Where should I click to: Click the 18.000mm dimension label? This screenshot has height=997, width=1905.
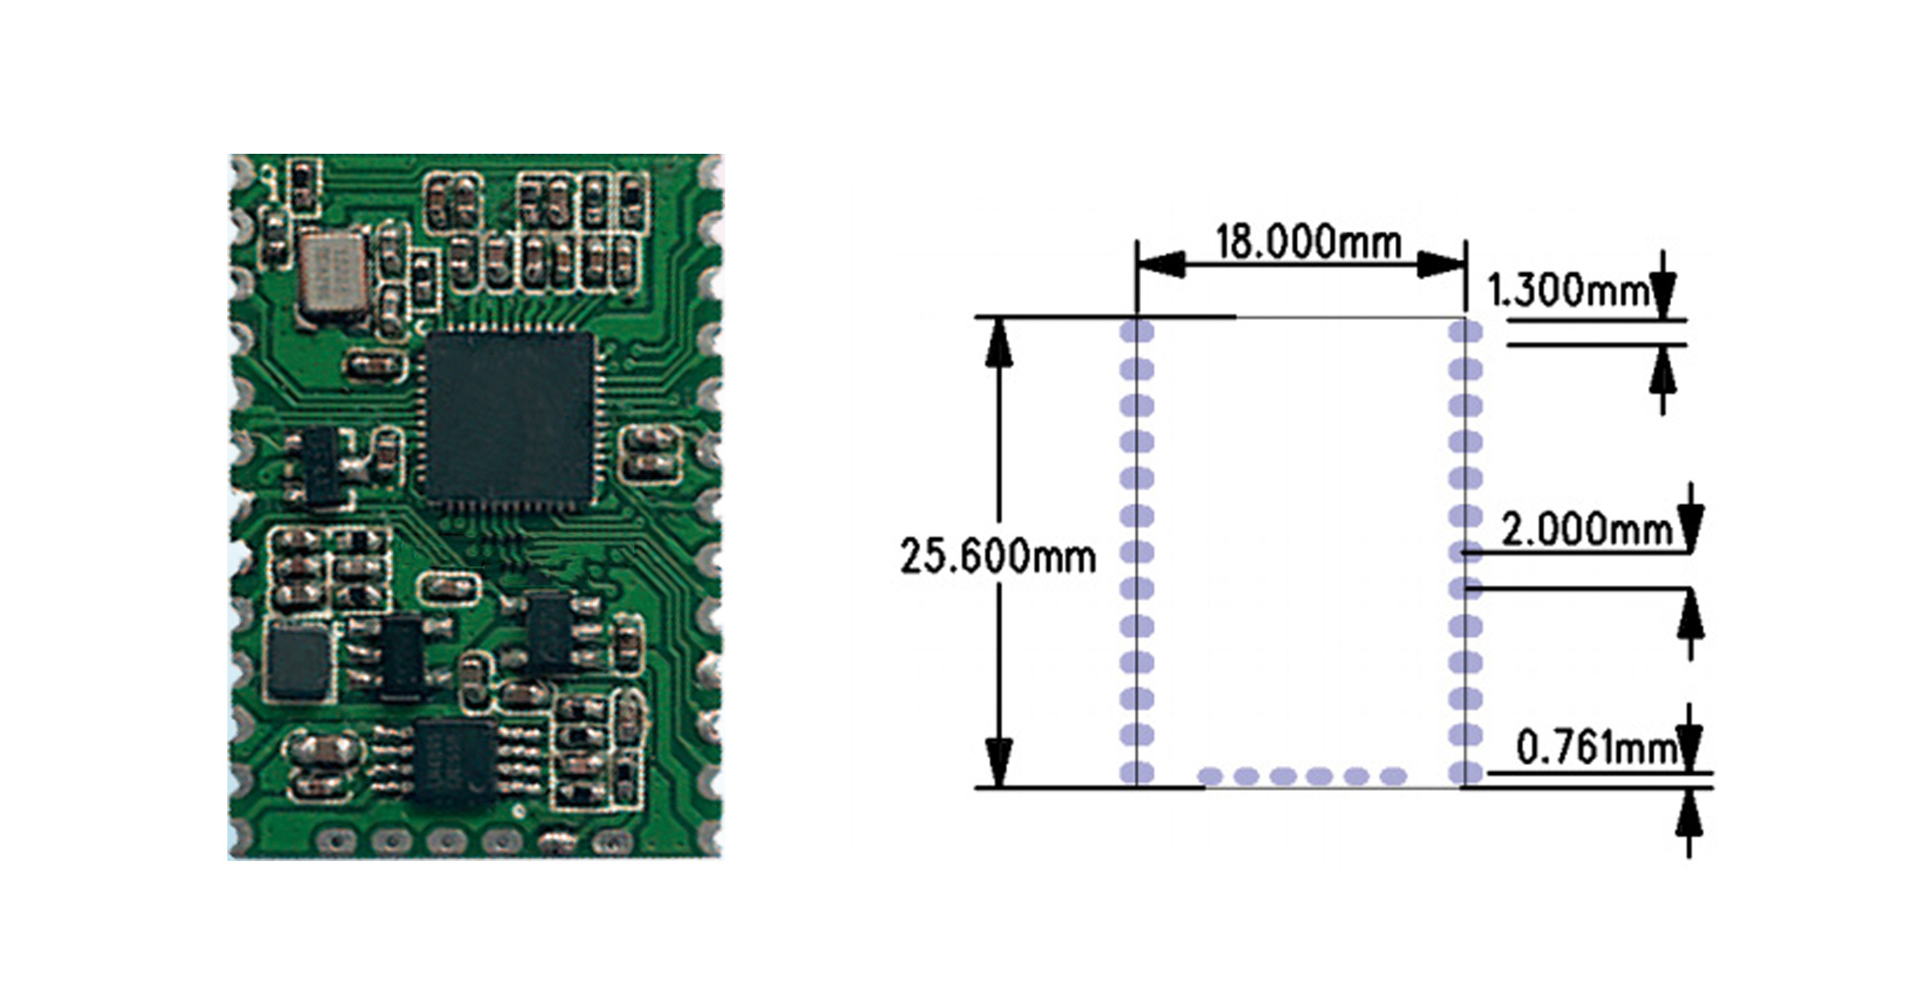[x=1308, y=242]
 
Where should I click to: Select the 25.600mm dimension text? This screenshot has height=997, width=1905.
[x=997, y=557]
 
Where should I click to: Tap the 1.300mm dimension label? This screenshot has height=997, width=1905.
[x=1567, y=290]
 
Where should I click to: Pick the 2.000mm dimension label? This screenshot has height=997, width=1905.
[x=1587, y=529]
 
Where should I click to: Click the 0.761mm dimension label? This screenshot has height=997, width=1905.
[x=1595, y=748]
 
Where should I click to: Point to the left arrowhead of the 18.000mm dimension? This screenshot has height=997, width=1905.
[x=1160, y=264]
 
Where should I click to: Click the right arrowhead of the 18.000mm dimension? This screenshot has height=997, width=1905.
[x=1442, y=264]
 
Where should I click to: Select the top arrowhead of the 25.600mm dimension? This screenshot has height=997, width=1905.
[x=999, y=341]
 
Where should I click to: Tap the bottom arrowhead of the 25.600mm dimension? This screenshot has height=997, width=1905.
[x=999, y=764]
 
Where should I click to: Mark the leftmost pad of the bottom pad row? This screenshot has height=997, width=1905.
[x=1210, y=776]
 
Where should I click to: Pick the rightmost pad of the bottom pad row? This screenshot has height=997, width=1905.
[x=1394, y=776]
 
